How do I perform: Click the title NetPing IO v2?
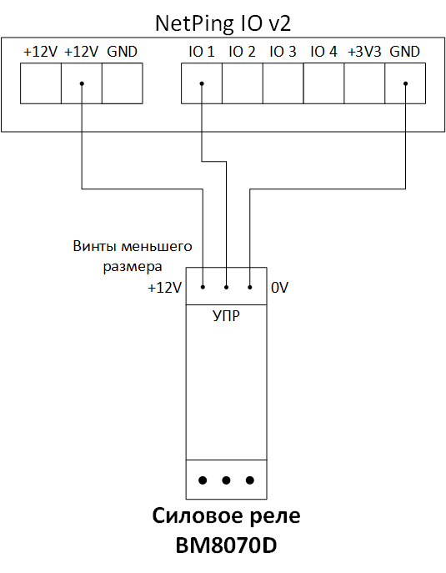click(x=223, y=24)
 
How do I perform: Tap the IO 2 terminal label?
click(x=242, y=52)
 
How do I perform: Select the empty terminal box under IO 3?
click(x=283, y=83)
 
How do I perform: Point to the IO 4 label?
click(x=323, y=52)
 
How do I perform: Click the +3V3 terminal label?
click(x=364, y=52)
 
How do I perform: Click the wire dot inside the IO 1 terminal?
click(x=202, y=83)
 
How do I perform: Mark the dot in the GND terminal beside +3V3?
click(x=405, y=83)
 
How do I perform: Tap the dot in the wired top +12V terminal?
click(x=82, y=83)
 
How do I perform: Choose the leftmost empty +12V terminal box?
click(x=41, y=83)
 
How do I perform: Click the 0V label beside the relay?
click(x=279, y=288)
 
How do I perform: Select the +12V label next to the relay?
click(x=164, y=288)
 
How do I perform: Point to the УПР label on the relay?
click(x=226, y=316)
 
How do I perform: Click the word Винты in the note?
click(x=95, y=246)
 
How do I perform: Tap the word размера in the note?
click(x=133, y=267)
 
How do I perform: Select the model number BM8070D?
click(x=226, y=545)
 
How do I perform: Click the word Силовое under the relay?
click(x=194, y=516)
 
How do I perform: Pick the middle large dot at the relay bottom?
click(x=226, y=480)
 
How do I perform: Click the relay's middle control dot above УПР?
click(x=226, y=287)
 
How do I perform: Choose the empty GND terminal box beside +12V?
click(x=123, y=83)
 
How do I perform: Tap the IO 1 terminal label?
click(x=202, y=52)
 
